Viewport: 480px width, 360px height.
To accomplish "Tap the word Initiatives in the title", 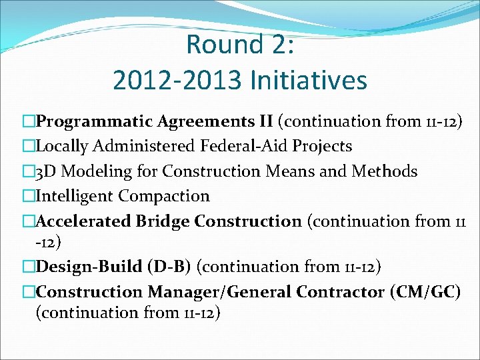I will point(308,81).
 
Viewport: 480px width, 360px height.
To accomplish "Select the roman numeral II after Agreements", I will point(265,121).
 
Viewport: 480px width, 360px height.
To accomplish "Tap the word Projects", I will point(319,146).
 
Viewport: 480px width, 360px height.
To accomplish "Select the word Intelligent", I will point(75,196).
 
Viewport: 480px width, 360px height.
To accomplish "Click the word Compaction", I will point(164,196).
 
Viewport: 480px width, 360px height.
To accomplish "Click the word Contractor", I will point(339,292).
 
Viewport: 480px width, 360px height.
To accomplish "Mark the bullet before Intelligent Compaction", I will point(28,197).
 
